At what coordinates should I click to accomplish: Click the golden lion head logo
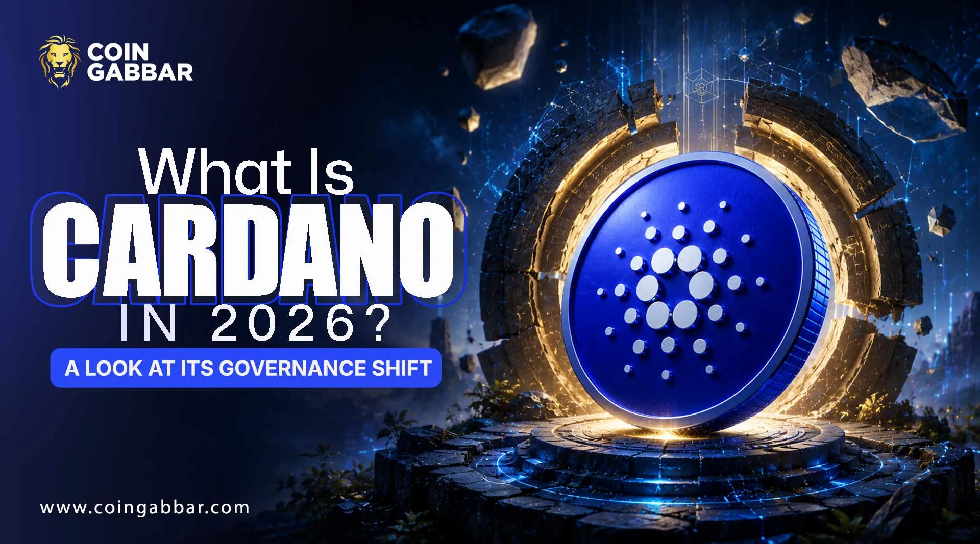click(x=60, y=62)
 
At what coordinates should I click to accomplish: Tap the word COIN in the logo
click(x=118, y=51)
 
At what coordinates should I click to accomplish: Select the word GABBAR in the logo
click(x=140, y=72)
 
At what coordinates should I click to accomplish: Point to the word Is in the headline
click(x=329, y=172)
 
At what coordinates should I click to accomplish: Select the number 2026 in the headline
click(x=283, y=325)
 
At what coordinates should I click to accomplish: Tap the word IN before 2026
click(x=148, y=325)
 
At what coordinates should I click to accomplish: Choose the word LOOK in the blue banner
click(x=114, y=368)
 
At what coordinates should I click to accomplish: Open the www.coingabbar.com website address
click(x=145, y=508)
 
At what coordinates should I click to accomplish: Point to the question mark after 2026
click(x=378, y=324)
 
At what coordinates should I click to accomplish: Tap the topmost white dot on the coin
click(x=682, y=206)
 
